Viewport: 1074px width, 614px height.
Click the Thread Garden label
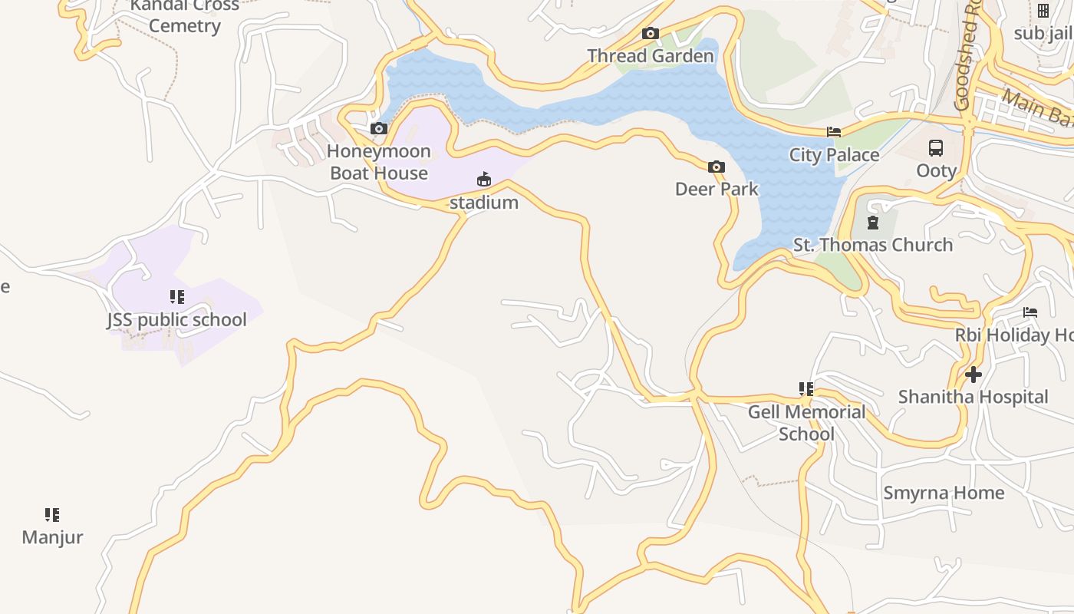(650, 56)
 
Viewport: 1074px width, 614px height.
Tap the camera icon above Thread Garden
(650, 33)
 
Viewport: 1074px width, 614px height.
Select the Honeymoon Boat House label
(379, 162)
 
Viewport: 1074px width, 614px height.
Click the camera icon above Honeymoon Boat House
(379, 128)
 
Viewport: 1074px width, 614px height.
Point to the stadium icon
(483, 180)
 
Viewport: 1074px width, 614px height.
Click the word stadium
(483, 203)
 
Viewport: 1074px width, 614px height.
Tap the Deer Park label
(717, 189)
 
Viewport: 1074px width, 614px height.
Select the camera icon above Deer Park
(716, 167)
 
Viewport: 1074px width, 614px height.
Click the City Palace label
(834, 155)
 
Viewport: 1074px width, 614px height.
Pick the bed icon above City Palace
(834, 132)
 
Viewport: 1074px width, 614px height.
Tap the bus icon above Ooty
(936, 148)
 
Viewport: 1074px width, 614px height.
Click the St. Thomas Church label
(872, 245)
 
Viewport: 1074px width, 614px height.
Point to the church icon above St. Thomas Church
(872, 223)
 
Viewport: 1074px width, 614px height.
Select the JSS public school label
(176, 319)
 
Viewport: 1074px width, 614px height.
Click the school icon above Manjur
(52, 515)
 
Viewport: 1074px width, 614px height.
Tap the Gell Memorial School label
(806, 423)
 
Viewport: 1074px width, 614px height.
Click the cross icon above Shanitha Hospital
(974, 375)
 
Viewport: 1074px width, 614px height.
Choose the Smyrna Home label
(943, 493)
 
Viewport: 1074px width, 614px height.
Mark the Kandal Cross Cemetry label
(184, 16)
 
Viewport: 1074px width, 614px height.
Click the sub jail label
(1043, 33)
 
